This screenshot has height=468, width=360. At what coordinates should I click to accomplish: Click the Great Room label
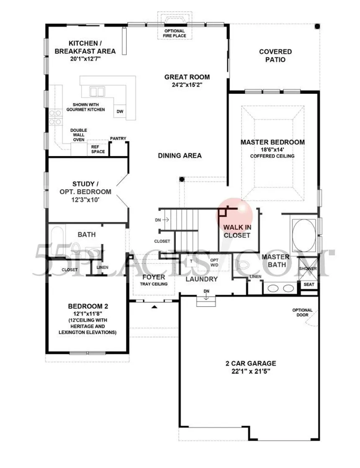187,77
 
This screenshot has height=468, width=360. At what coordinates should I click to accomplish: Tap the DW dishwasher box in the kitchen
120,111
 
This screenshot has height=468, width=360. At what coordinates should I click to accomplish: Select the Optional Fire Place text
175,33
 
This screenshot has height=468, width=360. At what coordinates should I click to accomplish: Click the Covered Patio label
275,56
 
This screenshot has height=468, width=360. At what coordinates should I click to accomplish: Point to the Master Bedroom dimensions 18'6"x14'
272,150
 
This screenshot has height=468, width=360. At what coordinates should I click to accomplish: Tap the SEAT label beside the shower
309,284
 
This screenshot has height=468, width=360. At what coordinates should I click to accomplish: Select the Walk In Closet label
237,231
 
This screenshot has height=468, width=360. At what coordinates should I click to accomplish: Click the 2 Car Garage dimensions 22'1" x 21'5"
251,372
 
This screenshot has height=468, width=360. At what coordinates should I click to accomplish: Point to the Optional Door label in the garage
302,313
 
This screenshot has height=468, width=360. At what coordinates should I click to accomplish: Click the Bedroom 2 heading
88,306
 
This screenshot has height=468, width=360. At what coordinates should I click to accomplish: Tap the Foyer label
154,277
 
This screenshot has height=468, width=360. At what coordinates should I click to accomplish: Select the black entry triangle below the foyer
154,306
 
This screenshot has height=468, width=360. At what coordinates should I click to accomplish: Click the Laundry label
201,279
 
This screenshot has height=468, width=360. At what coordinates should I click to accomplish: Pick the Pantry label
118,139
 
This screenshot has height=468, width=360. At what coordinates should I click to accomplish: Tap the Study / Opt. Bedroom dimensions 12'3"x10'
85,200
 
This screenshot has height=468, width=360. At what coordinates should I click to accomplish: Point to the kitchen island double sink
97,92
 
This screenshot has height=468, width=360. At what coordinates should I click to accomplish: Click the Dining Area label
180,155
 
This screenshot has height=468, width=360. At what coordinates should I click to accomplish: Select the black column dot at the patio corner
317,26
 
